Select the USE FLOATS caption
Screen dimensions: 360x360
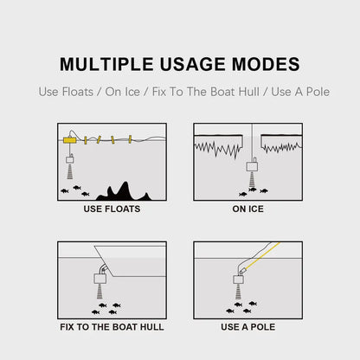point(112,209)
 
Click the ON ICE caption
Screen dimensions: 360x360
point(248,209)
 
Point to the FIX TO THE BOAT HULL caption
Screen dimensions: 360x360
point(112,327)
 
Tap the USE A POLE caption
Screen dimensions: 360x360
point(248,327)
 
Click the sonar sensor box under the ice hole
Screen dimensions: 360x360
point(252,166)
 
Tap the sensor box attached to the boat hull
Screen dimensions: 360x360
point(100,279)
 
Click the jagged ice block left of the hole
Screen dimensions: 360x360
point(222,144)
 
